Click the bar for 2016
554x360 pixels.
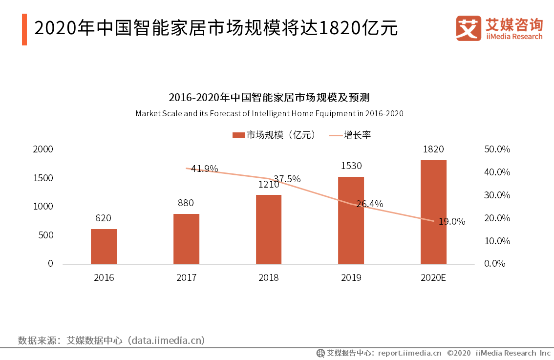tap(104, 247)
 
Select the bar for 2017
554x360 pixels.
tap(186, 239)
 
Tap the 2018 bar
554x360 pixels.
tap(269, 230)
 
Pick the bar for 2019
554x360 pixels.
tap(351, 220)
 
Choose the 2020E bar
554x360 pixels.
tap(433, 212)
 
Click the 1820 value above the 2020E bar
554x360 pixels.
tap(433, 149)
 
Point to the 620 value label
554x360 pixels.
tap(103, 218)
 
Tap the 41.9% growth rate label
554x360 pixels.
tap(204, 169)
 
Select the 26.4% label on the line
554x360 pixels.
tap(369, 204)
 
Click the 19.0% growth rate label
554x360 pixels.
tap(451, 222)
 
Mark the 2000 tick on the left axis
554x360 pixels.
tap(43, 149)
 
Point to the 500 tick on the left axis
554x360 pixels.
tap(46, 235)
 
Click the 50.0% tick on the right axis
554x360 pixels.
tap(497, 149)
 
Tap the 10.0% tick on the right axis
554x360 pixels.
tap(497, 241)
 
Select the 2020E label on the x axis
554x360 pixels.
tap(433, 278)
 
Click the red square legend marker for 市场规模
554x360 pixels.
tap(238, 135)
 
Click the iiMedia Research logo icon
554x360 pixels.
tap(469, 28)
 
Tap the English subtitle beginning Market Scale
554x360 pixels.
tap(269, 113)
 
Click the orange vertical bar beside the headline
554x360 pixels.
tap(24, 29)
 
